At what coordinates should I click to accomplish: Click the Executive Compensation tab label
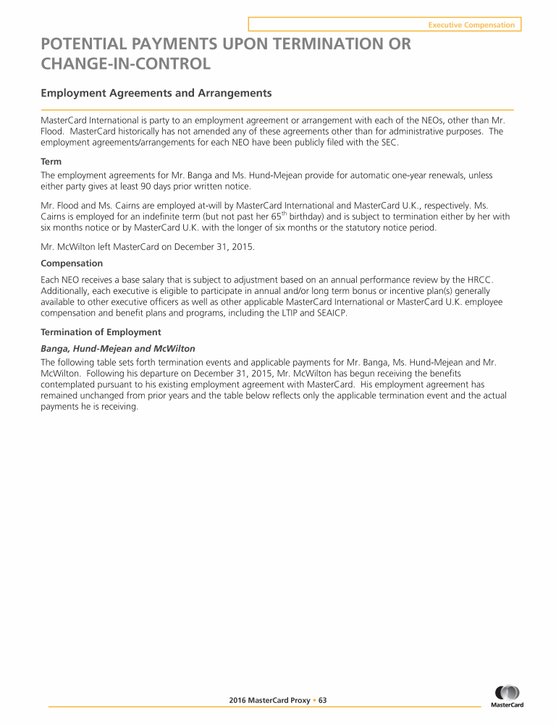pyautogui.click(x=471, y=25)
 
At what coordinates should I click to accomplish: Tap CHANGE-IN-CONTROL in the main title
pyautogui.click(x=126, y=64)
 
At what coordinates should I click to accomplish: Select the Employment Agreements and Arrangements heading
pyautogui.click(x=156, y=93)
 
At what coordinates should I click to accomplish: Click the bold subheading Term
pyautogui.click(x=51, y=163)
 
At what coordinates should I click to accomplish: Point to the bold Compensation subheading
pyautogui.click(x=72, y=263)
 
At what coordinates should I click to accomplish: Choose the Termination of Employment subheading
pyautogui.click(x=101, y=332)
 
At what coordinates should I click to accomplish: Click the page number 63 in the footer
pyautogui.click(x=323, y=700)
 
